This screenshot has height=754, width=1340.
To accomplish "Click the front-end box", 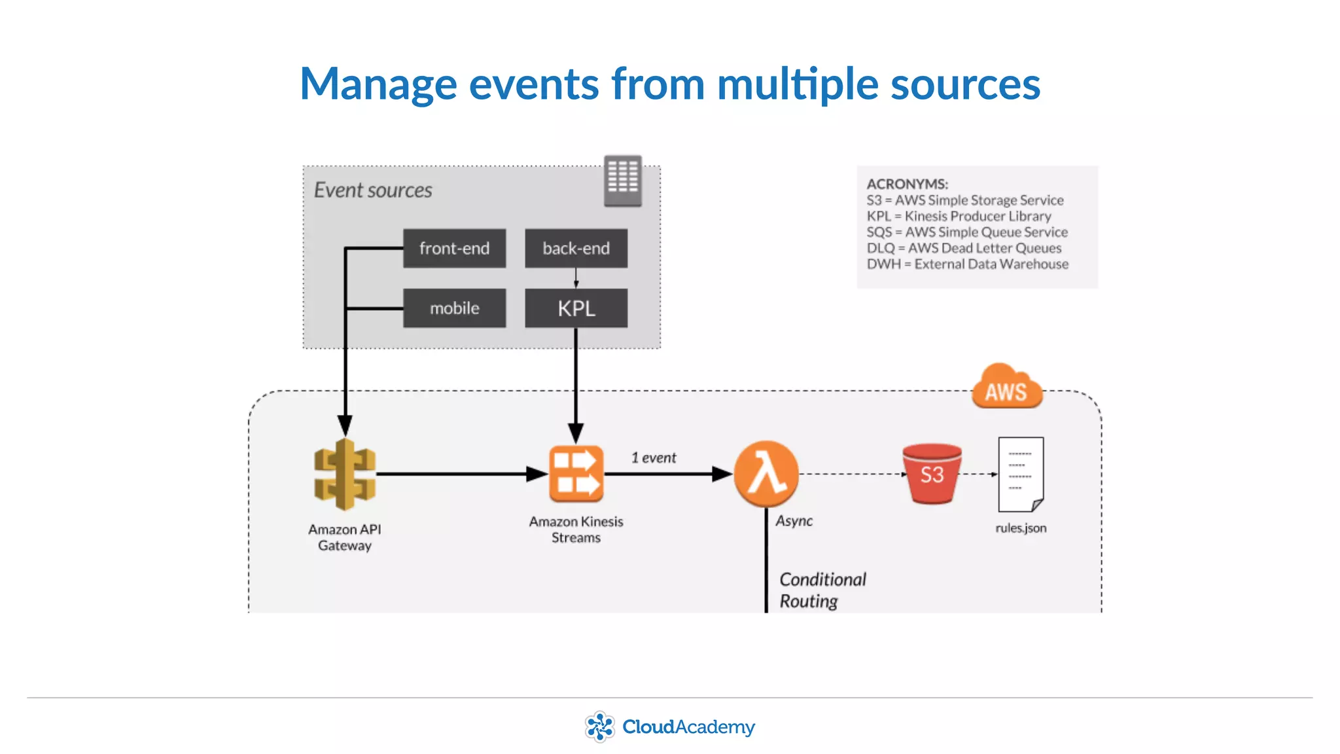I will pyautogui.click(x=454, y=248).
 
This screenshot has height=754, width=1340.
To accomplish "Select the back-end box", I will pyautogui.click(x=576, y=248).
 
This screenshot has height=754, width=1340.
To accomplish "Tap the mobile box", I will pyautogui.click(x=454, y=308).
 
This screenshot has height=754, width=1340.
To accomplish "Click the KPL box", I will pyautogui.click(x=576, y=308).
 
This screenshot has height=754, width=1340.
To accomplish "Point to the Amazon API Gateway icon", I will pyautogui.click(x=345, y=475).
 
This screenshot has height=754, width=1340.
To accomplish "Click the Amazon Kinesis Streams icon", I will pyautogui.click(x=576, y=474).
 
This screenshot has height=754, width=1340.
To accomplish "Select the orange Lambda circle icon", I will pyautogui.click(x=766, y=474).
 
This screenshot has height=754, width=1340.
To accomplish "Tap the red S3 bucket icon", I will pyautogui.click(x=932, y=474).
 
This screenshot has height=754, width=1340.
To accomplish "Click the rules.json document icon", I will pyautogui.click(x=1021, y=474).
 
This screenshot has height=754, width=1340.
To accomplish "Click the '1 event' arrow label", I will pyautogui.click(x=653, y=458).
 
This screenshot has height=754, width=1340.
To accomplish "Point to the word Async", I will pyautogui.click(x=794, y=521).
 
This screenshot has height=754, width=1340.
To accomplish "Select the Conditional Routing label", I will pyautogui.click(x=822, y=590).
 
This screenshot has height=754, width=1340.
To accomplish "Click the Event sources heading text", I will pyautogui.click(x=373, y=190).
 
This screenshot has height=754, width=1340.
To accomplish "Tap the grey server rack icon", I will pyautogui.click(x=622, y=181).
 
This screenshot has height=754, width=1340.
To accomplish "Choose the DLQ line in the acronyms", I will pyautogui.click(x=964, y=248).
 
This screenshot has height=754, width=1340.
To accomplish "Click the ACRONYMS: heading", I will pyautogui.click(x=907, y=184).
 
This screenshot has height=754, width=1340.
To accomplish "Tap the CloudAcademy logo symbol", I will pyautogui.click(x=599, y=727).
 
